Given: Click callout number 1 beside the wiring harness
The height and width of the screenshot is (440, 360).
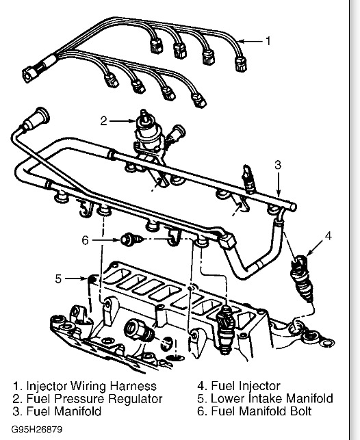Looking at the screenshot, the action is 268,41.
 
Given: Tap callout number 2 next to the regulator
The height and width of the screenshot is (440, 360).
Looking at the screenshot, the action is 104,121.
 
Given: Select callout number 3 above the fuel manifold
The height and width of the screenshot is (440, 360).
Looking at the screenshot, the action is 278,165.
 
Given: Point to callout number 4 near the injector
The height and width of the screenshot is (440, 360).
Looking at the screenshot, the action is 329,235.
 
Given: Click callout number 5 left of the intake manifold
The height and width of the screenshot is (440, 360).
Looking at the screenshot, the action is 58,279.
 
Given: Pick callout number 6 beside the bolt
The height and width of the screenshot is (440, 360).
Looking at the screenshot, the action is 86,240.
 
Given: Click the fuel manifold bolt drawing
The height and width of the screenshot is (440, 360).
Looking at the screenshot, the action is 132,240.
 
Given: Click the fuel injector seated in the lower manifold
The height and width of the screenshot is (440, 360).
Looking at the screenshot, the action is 225,329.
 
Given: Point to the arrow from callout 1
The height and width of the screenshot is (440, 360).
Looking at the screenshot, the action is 252,41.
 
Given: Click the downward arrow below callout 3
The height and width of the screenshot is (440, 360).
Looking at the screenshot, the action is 278,184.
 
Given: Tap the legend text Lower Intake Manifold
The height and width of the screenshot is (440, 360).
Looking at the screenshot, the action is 272,398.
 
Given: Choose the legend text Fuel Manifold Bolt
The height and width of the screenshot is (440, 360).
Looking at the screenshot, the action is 261,411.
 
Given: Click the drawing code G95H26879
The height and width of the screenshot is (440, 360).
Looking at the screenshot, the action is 37,429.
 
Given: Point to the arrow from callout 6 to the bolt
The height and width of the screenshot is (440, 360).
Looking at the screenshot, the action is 106,240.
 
